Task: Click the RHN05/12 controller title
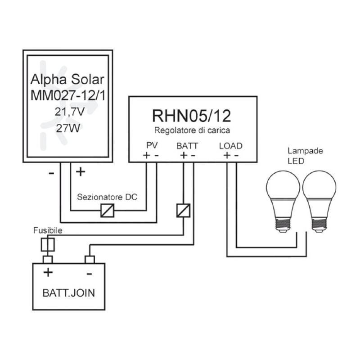click(x=192, y=116)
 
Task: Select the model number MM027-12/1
click(x=67, y=96)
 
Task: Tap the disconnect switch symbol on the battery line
click(x=183, y=210)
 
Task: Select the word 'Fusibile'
click(x=48, y=230)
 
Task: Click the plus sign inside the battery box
click(x=48, y=273)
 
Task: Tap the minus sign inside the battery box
click(x=90, y=273)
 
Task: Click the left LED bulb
click(x=283, y=201)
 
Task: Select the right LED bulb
click(x=319, y=201)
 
